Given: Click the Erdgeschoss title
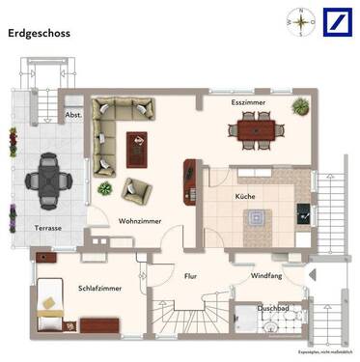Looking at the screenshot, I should click(x=42, y=32).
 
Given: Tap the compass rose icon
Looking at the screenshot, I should click(x=302, y=21).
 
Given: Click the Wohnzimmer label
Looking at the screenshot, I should click(x=140, y=221).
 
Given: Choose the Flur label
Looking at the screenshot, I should click(x=190, y=276).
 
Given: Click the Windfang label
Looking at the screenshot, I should click(x=266, y=276).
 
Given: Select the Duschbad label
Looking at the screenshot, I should click(x=273, y=309).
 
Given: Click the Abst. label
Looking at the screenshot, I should click(x=73, y=115).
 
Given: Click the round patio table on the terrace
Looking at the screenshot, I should click(x=47, y=178).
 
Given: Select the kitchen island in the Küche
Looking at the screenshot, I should click(x=255, y=218).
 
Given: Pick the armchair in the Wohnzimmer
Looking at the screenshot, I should click(x=136, y=189).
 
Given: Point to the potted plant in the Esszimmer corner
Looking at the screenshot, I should click(x=300, y=106).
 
